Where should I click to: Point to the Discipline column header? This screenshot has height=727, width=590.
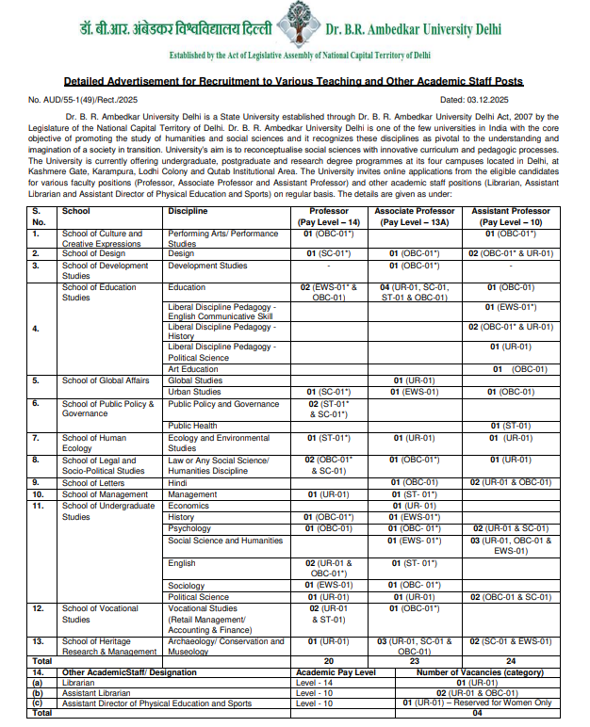188,211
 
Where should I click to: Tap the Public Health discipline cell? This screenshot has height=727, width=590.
192,426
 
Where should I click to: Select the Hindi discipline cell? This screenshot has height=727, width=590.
177,482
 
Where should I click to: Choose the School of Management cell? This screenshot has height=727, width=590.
105,493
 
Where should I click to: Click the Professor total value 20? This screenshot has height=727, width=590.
330,662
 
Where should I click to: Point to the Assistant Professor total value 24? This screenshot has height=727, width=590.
511,662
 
